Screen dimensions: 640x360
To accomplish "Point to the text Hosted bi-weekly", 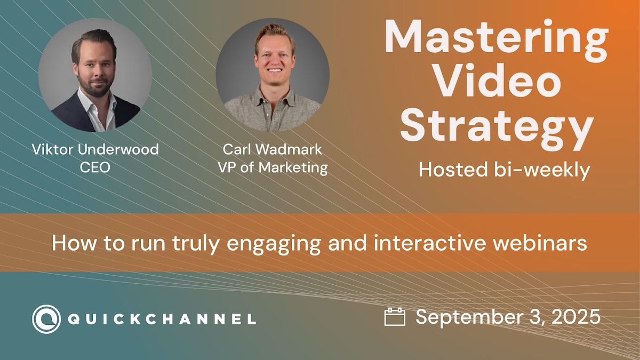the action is click(x=505, y=170).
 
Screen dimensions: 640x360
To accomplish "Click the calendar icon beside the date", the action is click(x=395, y=317).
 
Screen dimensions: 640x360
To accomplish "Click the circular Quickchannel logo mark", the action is click(x=46, y=319).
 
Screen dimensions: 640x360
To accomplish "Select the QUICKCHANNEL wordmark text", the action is click(x=162, y=319).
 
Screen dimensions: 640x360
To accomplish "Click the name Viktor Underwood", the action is click(x=95, y=149).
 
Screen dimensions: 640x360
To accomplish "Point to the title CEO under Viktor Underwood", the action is click(x=95, y=167).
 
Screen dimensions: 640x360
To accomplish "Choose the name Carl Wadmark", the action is click(x=273, y=149).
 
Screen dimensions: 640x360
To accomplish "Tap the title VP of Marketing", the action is click(x=273, y=167).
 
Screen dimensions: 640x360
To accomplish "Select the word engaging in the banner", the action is click(x=274, y=245).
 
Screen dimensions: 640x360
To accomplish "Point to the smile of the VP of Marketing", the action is click(x=275, y=70).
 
